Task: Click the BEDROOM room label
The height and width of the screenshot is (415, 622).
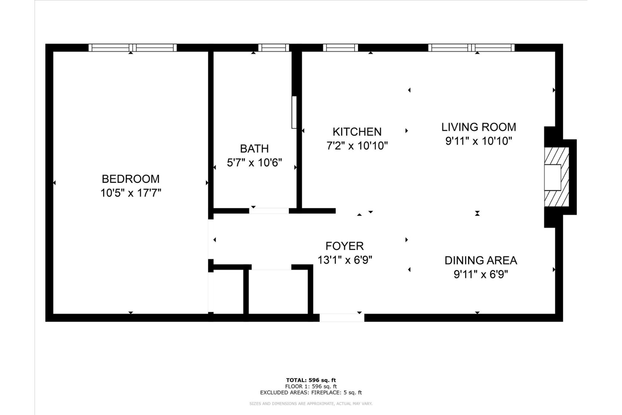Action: tap(131, 179)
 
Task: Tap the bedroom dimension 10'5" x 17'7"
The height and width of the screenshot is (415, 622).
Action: tap(131, 193)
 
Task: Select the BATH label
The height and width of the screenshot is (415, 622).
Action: tap(254, 149)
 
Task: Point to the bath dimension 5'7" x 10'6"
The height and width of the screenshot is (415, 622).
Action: tap(254, 163)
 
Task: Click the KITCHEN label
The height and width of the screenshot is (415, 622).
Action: tap(357, 132)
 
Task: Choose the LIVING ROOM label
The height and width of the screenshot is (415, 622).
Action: tap(479, 127)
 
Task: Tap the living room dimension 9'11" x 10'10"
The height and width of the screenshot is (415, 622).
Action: tap(479, 141)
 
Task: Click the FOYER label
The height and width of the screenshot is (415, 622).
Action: tap(345, 246)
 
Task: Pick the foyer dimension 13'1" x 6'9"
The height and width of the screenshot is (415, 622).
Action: tap(345, 260)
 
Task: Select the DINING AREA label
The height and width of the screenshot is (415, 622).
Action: tap(481, 260)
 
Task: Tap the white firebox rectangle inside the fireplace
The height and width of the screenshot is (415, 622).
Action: tap(553, 177)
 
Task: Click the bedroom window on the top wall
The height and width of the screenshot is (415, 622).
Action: tap(133, 48)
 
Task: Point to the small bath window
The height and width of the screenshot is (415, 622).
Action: tap(273, 48)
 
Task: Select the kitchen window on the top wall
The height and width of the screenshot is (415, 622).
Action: tap(340, 48)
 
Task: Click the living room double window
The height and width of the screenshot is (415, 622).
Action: tap(471, 48)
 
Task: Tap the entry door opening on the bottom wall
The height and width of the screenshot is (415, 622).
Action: tap(341, 317)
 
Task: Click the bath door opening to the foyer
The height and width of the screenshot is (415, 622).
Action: tap(269, 211)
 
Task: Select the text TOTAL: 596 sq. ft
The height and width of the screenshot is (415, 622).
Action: tap(311, 380)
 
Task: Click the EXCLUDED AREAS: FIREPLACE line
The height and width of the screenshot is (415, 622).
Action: tap(311, 393)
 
